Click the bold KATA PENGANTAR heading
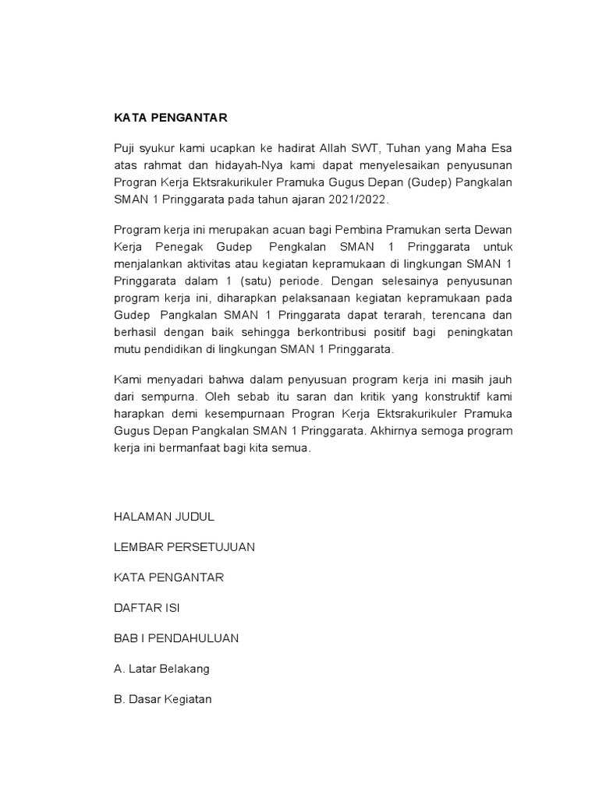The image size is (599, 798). pos(170,118)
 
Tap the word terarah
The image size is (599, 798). pos(406,316)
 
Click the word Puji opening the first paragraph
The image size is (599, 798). pos(125,148)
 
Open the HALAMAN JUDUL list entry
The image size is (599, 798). pos(164,517)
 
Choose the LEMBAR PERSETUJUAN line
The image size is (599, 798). pos(184,547)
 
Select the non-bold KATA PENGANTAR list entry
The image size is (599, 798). pos(168,577)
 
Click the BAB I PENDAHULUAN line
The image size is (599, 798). pos(176,638)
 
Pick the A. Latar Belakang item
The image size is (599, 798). pos(161,669)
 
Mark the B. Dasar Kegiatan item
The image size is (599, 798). pos(162,699)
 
